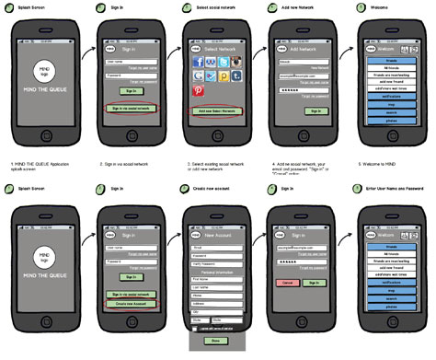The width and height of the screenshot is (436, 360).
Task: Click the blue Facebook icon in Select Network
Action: [x=198, y=64]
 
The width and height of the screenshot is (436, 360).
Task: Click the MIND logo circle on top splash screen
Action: [x=43, y=69]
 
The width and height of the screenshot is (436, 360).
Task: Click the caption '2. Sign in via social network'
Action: [x=130, y=162]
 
